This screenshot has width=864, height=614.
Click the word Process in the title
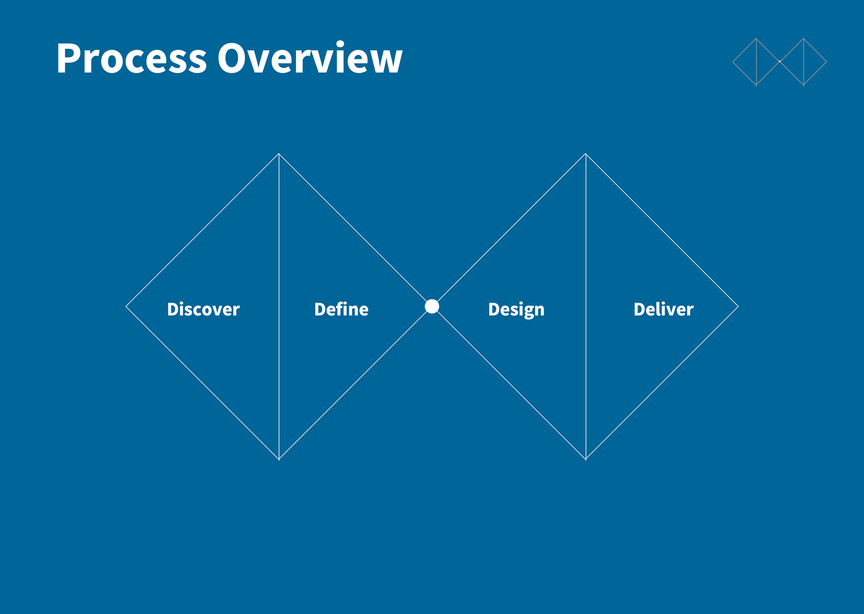click(x=131, y=58)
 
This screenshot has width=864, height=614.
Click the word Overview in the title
click(x=310, y=57)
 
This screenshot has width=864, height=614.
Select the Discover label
click(x=203, y=309)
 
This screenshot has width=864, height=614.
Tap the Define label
click(x=341, y=309)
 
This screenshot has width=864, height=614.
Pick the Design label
click(x=516, y=310)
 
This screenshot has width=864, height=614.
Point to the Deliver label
click(x=663, y=309)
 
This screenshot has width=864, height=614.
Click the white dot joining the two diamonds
click(x=432, y=306)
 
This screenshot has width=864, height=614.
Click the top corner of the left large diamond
click(x=279, y=154)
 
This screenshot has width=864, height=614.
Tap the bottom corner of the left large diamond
click(x=279, y=459)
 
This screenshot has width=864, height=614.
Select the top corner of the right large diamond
click(x=585, y=154)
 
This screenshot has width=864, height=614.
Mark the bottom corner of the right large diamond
click(x=585, y=459)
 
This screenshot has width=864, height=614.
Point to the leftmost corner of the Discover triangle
click(x=126, y=307)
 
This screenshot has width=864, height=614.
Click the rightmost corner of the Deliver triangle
click(x=738, y=307)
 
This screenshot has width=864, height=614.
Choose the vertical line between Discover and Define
click(x=279, y=307)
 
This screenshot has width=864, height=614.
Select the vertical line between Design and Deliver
click(x=585, y=307)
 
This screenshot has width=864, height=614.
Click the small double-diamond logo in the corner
click(x=780, y=62)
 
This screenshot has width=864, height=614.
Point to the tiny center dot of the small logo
click(x=780, y=62)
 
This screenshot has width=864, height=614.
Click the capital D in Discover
click(x=173, y=309)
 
